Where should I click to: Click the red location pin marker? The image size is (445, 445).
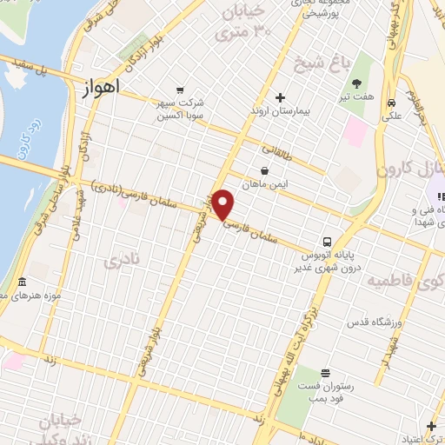[223, 205]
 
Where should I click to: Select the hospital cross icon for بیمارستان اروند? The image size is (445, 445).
[279, 97]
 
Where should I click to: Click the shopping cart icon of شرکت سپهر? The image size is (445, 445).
[180, 90]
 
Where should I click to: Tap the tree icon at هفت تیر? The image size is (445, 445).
[357, 83]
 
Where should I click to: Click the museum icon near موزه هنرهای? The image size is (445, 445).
[22, 283]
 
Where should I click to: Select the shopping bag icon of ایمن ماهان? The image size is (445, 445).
[264, 170]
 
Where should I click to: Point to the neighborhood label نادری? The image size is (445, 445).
[121, 261]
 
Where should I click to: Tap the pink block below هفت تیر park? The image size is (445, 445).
[355, 133]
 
